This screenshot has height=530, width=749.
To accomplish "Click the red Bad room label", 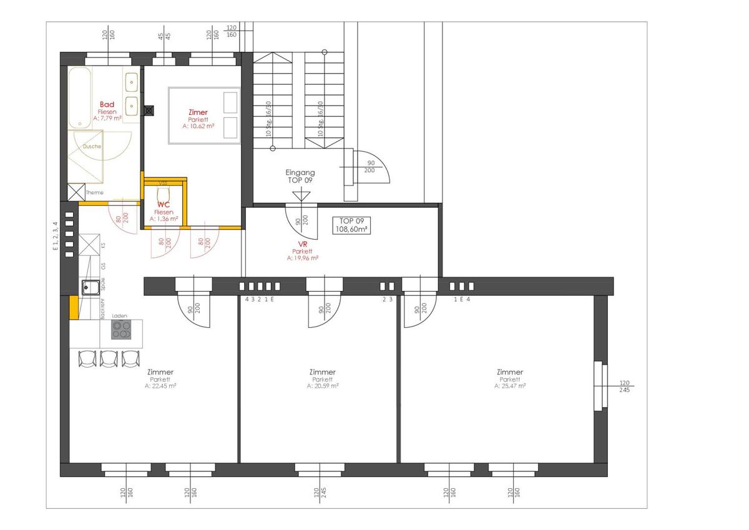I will (107, 104).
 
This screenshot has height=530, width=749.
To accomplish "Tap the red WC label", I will (164, 204).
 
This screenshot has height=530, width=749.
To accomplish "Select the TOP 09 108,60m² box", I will (352, 225).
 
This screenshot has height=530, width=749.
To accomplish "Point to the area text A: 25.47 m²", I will (510, 386).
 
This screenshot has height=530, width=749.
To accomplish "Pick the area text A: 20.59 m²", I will (323, 386).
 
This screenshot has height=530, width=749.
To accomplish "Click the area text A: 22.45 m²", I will (161, 386).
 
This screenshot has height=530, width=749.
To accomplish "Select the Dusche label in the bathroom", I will (92, 147).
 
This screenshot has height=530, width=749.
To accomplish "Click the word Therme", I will (95, 192).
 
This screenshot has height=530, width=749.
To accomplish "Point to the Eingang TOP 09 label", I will (300, 176).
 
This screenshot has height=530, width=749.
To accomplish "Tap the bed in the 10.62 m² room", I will (204, 115).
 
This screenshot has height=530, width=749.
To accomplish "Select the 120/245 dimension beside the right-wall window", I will (625, 387).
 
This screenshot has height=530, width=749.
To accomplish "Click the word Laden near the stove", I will (119, 317).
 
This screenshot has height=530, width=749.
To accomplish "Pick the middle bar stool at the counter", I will (109, 358).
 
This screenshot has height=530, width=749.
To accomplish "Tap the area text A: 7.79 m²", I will (107, 118).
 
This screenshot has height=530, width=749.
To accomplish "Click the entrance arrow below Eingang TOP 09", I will (301, 195).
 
